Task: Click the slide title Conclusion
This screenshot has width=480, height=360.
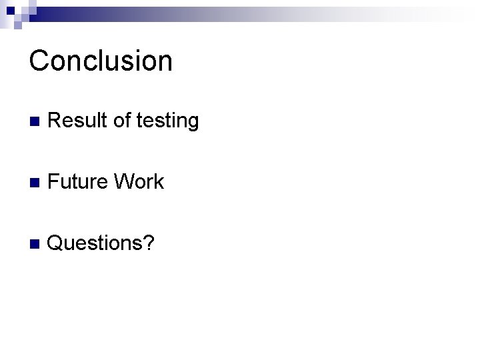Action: coord(101,61)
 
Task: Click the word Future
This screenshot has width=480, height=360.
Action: coord(78,182)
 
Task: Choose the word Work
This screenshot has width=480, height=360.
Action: coord(139,182)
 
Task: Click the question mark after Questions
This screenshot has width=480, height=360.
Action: coord(151,243)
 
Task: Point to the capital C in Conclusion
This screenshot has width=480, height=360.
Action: coord(39,61)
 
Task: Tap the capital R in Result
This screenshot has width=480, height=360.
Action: coord(55,121)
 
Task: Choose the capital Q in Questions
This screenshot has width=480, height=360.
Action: coord(57,243)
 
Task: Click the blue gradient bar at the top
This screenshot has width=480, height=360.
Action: coord(200,13)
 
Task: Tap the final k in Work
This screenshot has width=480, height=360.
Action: coord(159,182)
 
